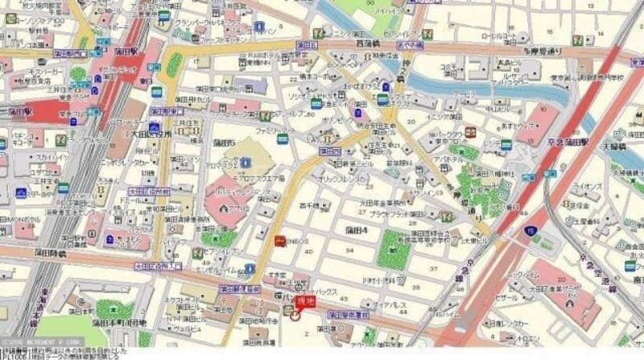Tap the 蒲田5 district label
coord(225,143)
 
